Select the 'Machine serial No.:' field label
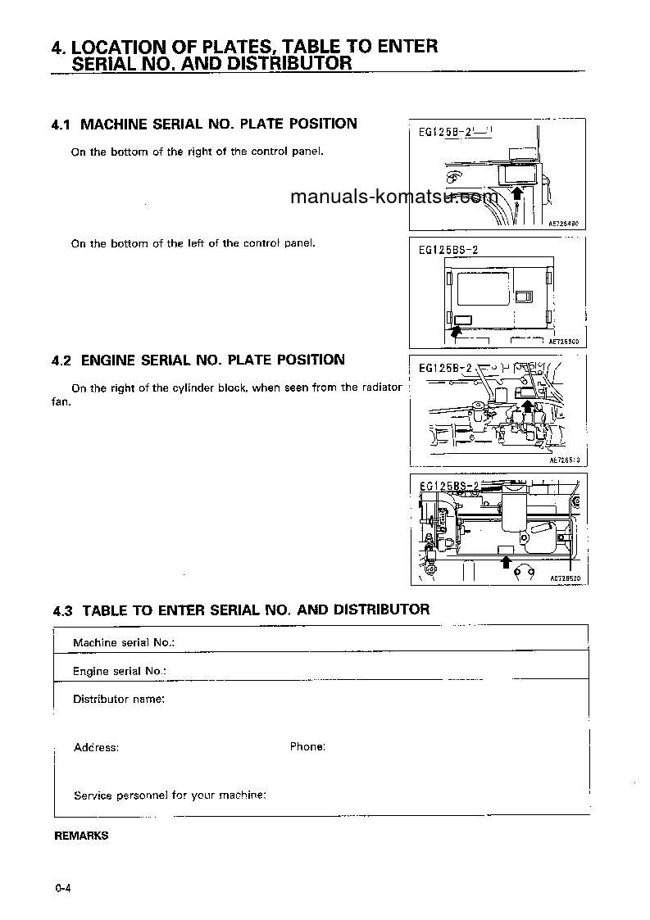click(124, 642)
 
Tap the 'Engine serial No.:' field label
click(120, 671)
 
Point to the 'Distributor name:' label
click(119, 699)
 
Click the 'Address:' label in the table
click(96, 747)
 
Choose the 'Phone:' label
click(307, 746)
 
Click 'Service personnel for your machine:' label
click(170, 795)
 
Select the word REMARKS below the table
click(81, 836)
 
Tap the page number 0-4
click(65, 889)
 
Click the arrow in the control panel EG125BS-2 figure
click(455, 329)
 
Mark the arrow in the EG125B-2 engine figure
click(530, 407)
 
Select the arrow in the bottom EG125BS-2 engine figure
click(506, 561)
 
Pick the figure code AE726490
click(564, 222)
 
